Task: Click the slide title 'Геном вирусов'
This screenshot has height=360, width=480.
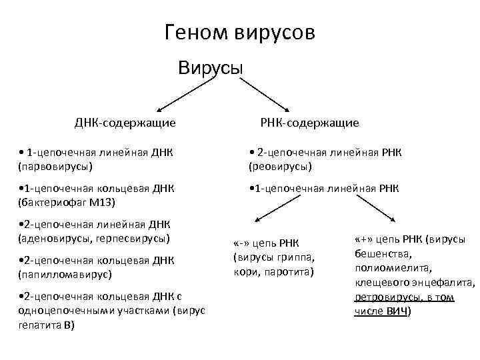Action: point(239,33)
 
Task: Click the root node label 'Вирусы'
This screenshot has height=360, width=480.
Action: point(210,68)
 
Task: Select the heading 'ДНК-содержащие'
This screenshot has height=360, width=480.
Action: point(125,123)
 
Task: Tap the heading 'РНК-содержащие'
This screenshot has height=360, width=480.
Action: point(308,123)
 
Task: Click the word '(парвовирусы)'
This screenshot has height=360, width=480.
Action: point(55,165)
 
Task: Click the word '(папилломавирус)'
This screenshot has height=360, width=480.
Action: point(60,273)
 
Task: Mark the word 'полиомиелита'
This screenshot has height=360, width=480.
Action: point(383,268)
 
